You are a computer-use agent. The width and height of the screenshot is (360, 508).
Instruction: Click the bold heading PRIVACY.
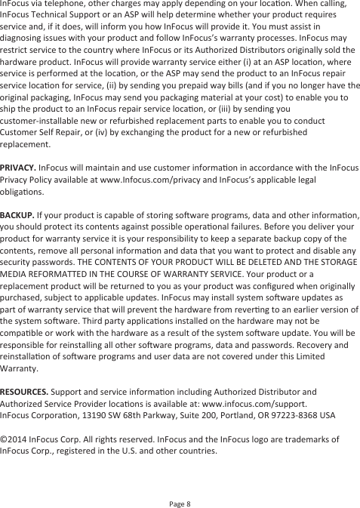click(x=18, y=166)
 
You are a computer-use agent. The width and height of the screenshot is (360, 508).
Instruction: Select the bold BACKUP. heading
click(x=17, y=215)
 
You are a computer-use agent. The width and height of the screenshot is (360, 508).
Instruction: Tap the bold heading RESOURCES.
click(x=24, y=392)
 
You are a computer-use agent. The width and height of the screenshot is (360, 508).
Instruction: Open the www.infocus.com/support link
click(x=260, y=403)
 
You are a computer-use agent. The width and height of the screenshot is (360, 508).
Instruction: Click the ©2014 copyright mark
click(x=15, y=439)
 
